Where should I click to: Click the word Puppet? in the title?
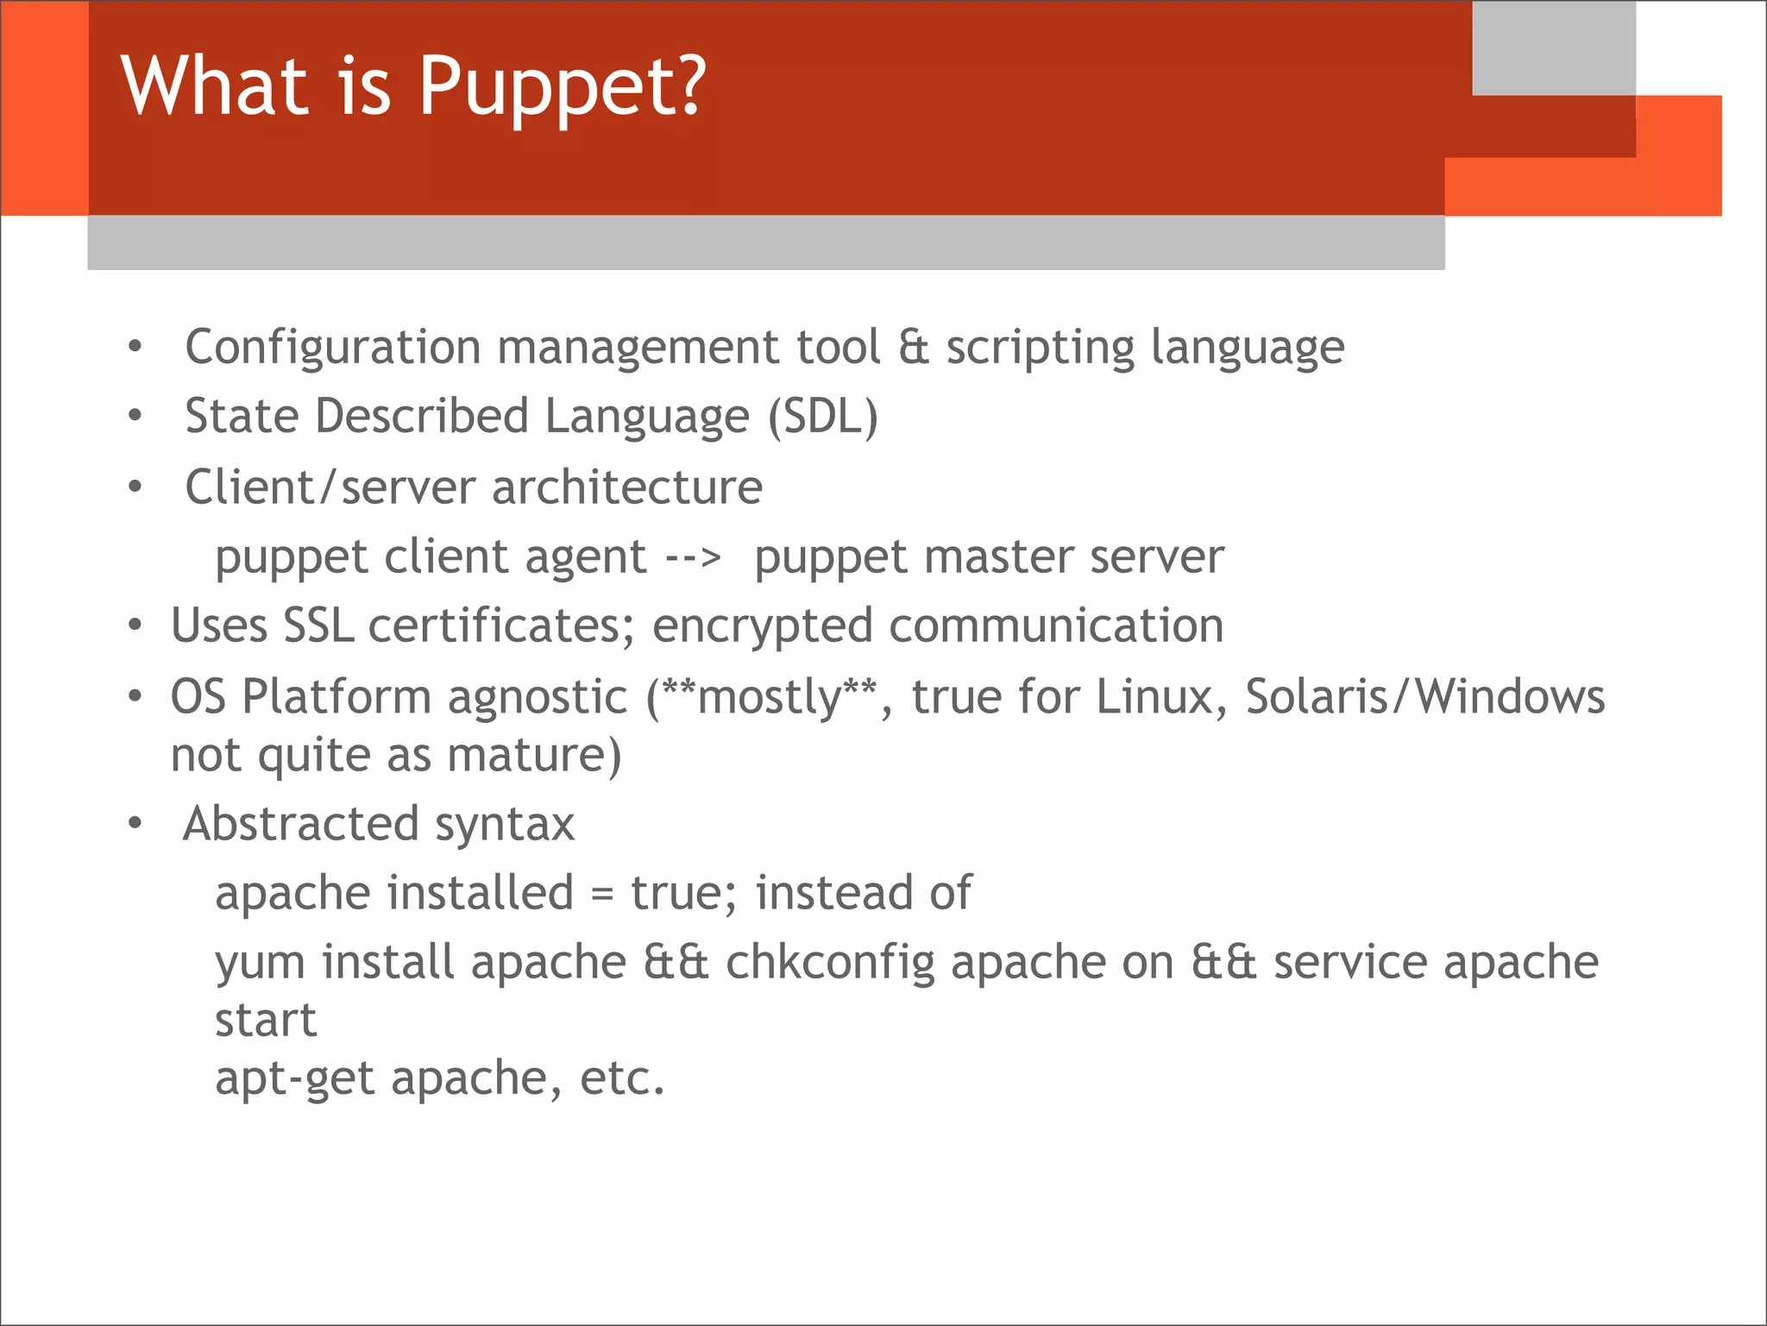coord(563,86)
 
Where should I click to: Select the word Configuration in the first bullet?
coord(332,348)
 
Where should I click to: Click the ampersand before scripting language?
coord(914,347)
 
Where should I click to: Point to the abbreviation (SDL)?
coord(823,417)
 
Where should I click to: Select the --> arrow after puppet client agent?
coord(693,557)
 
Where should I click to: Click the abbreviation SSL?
coord(318,625)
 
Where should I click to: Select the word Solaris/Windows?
coord(1424,696)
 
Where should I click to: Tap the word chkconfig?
coord(830,963)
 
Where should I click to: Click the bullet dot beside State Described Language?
coord(135,417)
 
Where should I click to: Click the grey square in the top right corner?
coord(1553,47)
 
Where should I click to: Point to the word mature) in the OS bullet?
coord(534,756)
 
